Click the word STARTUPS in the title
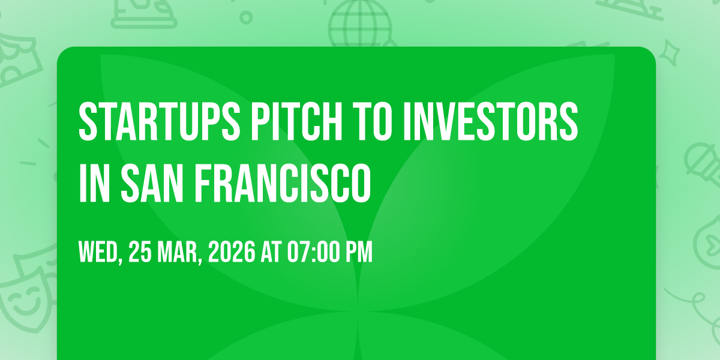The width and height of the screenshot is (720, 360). (160, 121)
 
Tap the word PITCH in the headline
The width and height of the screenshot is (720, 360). (296, 121)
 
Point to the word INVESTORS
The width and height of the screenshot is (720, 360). (491, 121)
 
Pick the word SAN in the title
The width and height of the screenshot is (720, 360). (152, 183)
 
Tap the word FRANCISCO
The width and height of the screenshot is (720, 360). (283, 183)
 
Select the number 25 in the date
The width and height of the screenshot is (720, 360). (140, 252)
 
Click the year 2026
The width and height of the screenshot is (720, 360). (232, 252)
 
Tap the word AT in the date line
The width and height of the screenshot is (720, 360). (271, 252)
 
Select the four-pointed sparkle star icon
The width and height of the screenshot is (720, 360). (669, 53)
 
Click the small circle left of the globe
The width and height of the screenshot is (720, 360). (246, 17)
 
